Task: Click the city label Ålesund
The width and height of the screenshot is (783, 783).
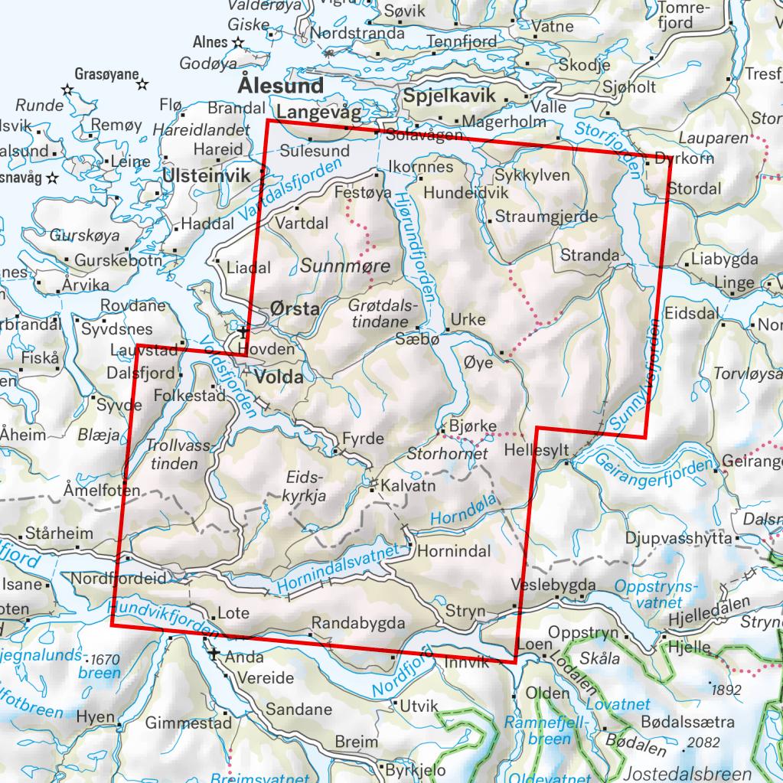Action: click(281, 84)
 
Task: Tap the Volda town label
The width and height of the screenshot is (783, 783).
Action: click(281, 377)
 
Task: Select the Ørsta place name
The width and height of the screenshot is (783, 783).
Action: click(295, 309)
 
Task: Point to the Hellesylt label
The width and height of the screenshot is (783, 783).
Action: click(537, 452)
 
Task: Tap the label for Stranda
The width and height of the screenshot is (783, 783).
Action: click(589, 254)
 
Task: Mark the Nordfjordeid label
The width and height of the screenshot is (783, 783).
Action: click(118, 579)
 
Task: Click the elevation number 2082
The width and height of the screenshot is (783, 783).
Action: click(705, 742)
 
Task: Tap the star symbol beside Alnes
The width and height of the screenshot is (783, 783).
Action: click(238, 43)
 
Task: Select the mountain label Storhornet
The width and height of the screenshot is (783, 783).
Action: click(448, 454)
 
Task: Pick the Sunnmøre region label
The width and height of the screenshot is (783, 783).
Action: click(345, 266)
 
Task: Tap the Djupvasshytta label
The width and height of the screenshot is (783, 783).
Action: click(679, 538)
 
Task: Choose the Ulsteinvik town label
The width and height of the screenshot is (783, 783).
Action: click(207, 176)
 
